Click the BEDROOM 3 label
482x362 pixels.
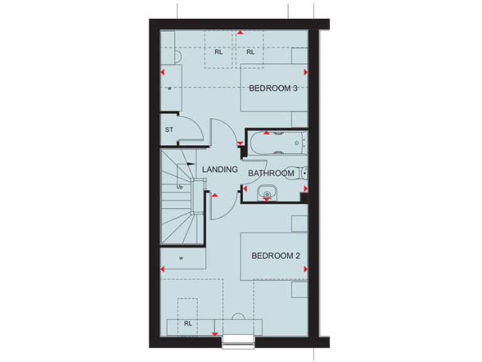(273, 89)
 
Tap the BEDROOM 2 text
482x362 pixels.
(276, 256)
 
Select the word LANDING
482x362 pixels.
(220, 170)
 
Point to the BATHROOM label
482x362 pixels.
(271, 173)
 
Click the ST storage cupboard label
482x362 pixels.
(169, 130)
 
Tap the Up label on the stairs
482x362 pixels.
(179, 187)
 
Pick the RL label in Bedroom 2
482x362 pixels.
(188, 324)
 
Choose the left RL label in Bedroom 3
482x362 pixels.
(218, 53)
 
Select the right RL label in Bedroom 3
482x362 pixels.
(250, 53)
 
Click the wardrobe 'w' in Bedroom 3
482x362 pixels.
(169, 89)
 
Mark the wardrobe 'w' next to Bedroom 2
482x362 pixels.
(181, 258)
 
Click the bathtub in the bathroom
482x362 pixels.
(276, 143)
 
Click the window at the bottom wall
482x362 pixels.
(239, 340)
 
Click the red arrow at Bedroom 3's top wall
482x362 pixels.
(238, 32)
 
